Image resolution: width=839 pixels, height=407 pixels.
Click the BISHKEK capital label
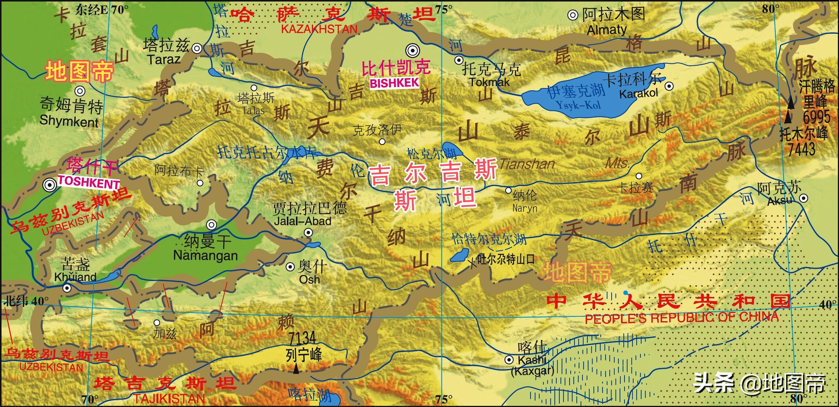[x=394, y=83]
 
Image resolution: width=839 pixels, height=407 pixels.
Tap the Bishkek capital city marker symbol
[x=413, y=50]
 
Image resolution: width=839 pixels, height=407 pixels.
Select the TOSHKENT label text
[x=89, y=182]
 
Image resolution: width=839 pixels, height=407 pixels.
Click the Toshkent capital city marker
[x=49, y=185]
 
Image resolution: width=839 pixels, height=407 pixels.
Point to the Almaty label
[x=607, y=30]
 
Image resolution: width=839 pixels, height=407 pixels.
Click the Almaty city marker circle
[x=572, y=15]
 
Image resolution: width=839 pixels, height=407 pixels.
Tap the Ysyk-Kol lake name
[x=578, y=105]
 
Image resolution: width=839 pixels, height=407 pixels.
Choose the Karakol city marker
[x=669, y=86]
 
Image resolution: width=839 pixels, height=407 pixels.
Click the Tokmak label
[x=489, y=82]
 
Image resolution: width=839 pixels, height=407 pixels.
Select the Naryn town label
[x=524, y=208]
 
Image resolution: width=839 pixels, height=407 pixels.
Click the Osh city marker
[x=290, y=267]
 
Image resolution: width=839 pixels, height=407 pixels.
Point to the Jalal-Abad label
[x=302, y=221]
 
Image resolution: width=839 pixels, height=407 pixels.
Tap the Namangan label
[x=205, y=256]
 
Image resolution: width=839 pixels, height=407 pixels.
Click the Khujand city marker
[x=67, y=288]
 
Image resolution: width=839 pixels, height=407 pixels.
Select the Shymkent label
[x=69, y=121]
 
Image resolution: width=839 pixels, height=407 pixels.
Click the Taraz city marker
[x=197, y=48]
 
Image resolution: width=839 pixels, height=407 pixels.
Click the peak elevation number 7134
[x=302, y=338]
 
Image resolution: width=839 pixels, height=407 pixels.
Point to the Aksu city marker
[x=803, y=198]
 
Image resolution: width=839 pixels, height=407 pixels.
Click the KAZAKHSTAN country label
[x=319, y=29]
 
